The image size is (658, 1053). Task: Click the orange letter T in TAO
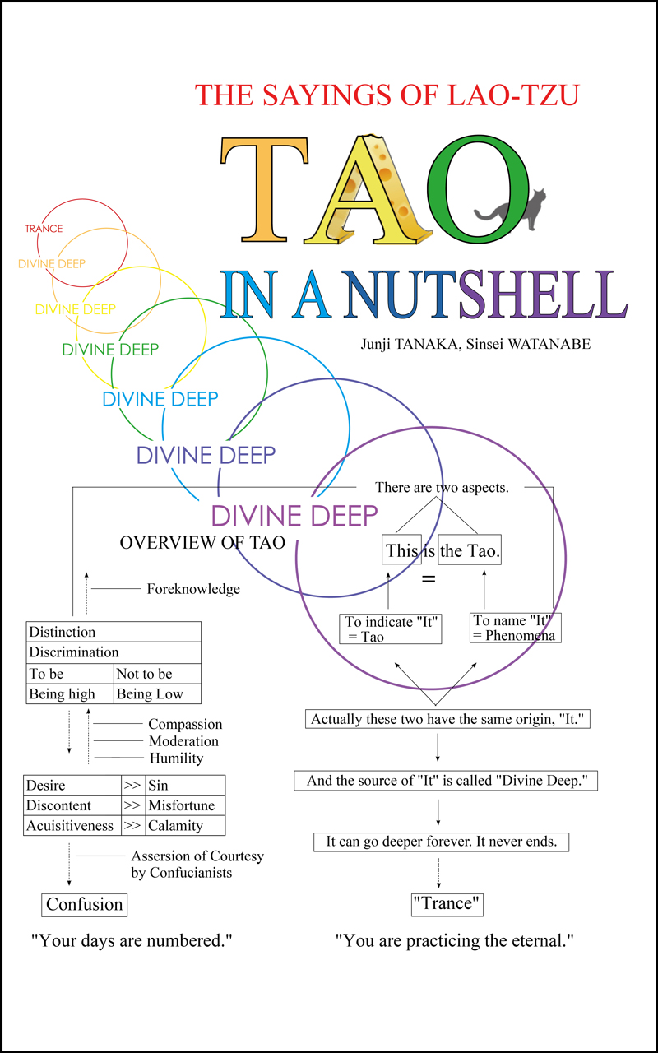click(265, 189)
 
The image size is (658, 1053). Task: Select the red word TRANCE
click(44, 229)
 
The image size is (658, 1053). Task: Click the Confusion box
click(84, 905)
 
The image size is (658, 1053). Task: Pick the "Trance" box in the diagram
click(447, 904)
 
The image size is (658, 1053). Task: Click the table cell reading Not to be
click(157, 674)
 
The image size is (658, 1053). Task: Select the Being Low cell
click(157, 693)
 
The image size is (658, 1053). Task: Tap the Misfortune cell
click(185, 805)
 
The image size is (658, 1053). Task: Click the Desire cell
click(72, 785)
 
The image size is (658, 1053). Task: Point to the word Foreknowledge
click(193, 588)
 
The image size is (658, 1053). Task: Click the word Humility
click(176, 758)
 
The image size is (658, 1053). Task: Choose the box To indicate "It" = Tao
click(391, 629)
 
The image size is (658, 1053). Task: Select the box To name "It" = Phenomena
click(516, 628)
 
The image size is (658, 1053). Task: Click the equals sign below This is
click(429, 578)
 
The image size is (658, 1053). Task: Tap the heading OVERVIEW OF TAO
click(202, 542)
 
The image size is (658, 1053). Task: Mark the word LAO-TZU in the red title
click(513, 95)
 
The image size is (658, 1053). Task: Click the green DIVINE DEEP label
click(110, 350)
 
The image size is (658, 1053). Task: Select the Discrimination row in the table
click(114, 652)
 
